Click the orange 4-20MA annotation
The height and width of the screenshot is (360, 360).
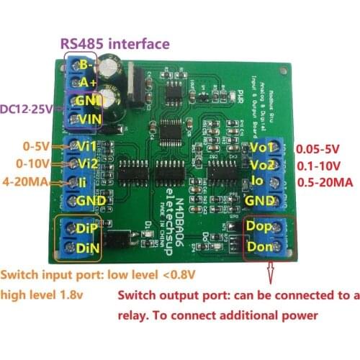[x=27, y=181]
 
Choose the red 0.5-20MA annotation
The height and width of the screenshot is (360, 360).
[x=325, y=182]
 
